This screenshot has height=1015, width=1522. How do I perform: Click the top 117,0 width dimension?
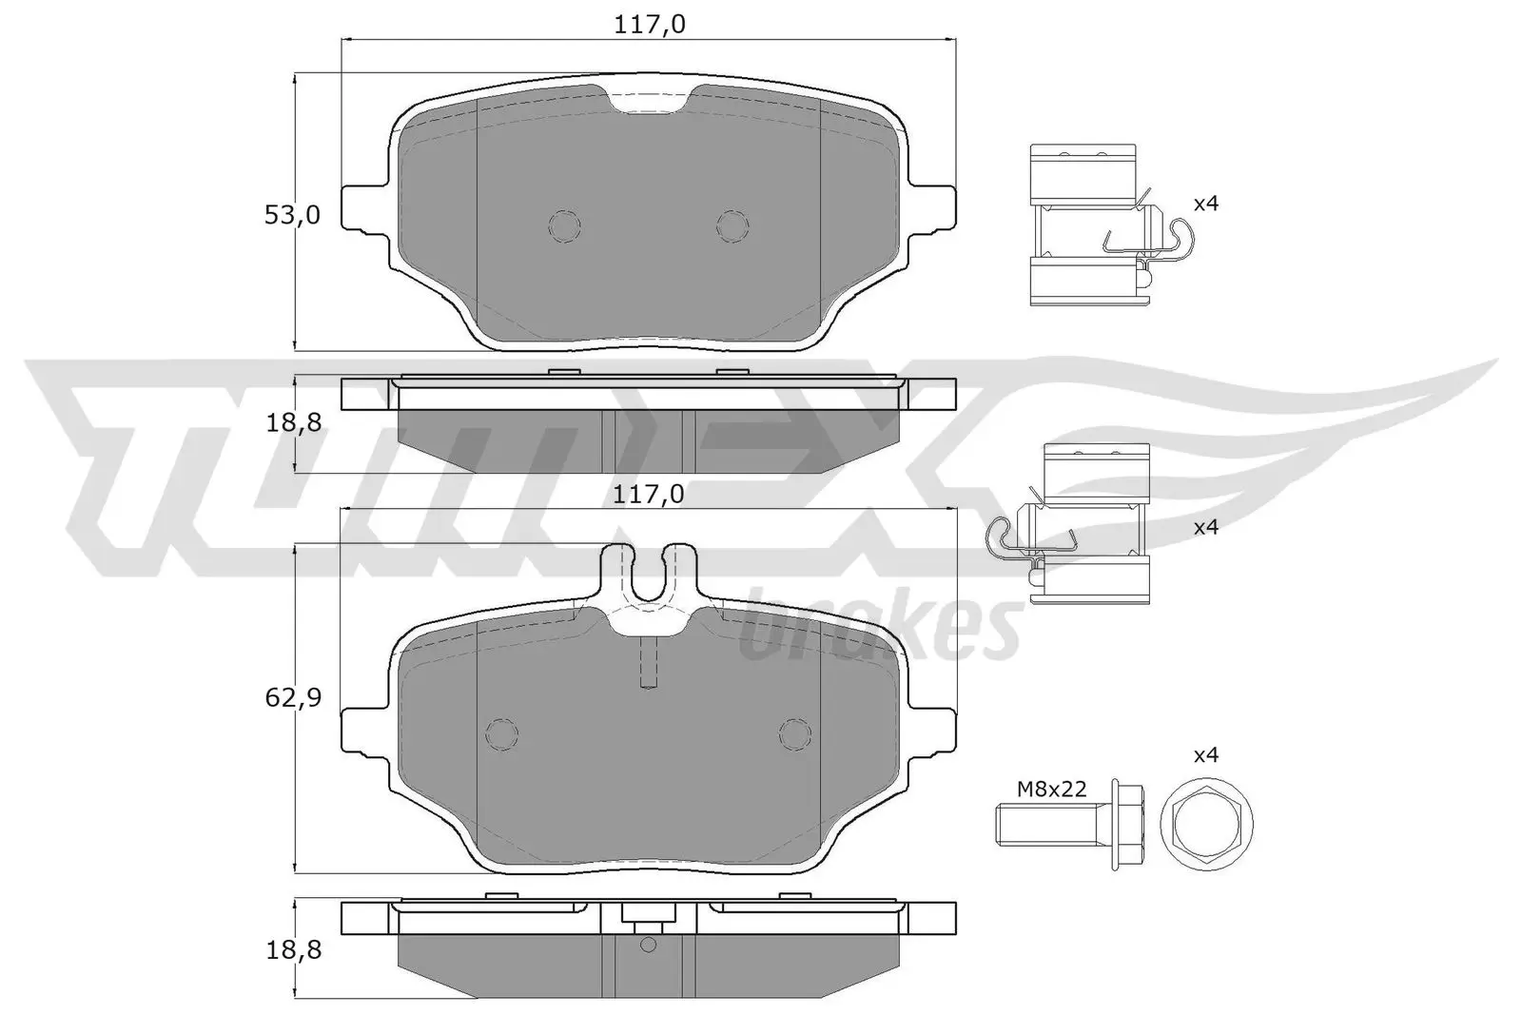click(x=650, y=25)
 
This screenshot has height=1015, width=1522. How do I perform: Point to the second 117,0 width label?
click(x=650, y=495)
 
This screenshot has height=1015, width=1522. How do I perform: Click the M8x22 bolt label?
click(x=1051, y=789)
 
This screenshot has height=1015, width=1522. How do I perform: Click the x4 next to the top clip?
click(x=1206, y=204)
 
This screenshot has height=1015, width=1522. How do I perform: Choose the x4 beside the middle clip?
click(x=1206, y=527)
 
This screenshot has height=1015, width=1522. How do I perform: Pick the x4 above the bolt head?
click(x=1206, y=755)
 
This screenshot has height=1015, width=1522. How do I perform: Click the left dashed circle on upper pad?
click(x=565, y=224)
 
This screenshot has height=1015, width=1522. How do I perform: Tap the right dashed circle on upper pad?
click(x=732, y=224)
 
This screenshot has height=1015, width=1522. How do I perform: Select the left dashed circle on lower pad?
click(x=501, y=733)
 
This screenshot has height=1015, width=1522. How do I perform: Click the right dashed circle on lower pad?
click(x=794, y=733)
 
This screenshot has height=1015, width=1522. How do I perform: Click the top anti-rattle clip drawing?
click(x=1094, y=225)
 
